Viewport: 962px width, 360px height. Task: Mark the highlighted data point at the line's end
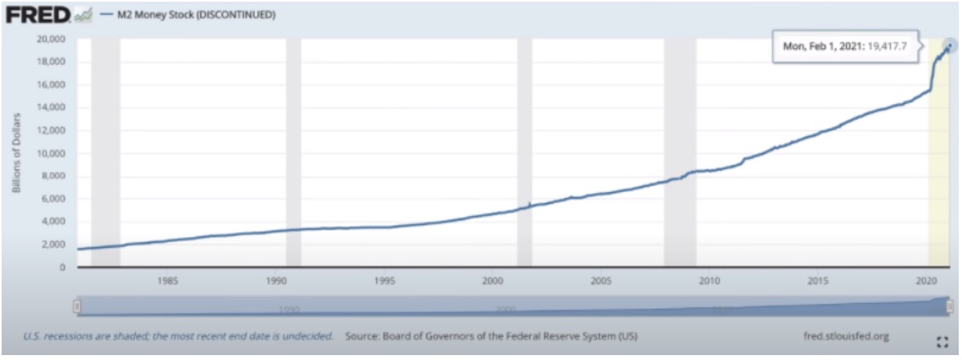click(949, 45)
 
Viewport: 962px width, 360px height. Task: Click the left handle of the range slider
click(77, 306)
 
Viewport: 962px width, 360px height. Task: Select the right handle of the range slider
click(950, 306)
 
